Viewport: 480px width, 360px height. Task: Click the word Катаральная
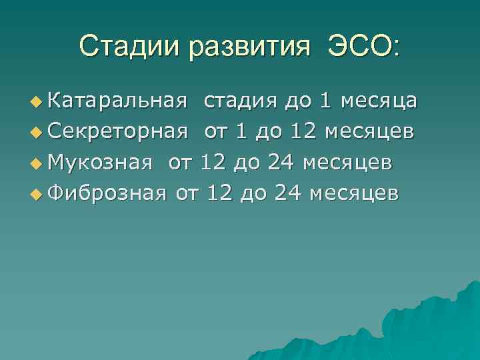pos(117,101)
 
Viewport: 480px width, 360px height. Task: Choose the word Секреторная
pos(117,131)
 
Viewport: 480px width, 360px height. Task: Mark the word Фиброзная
pos(108,193)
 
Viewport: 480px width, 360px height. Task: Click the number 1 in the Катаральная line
pos(325,101)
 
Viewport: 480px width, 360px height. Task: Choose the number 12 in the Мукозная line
pos(215,162)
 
